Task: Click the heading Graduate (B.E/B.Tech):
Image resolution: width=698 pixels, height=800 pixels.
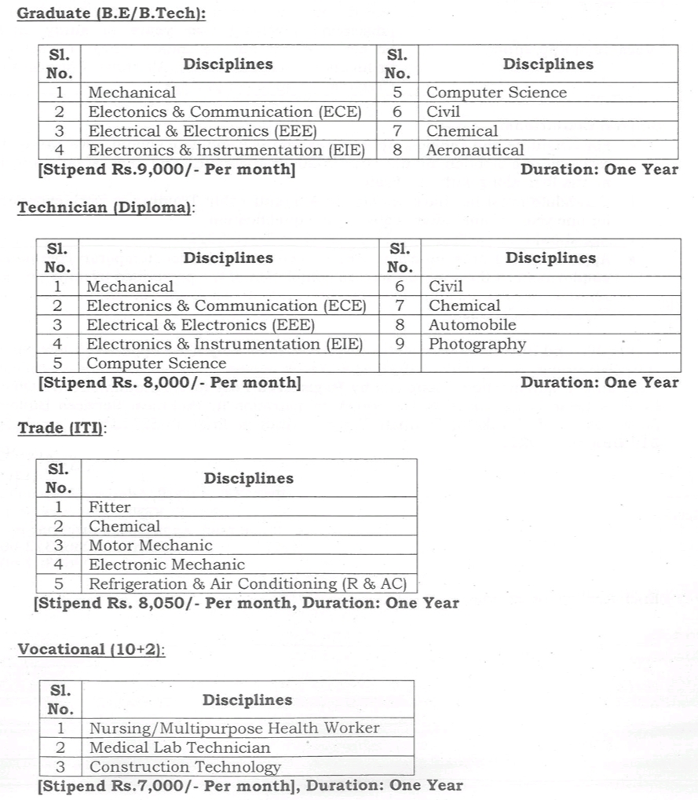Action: coord(111,13)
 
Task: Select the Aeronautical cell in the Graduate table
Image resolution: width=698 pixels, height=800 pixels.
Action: coord(474,150)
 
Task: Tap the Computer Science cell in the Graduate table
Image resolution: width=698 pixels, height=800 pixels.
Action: coord(495,93)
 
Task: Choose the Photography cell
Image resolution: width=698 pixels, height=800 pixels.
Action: coord(477,344)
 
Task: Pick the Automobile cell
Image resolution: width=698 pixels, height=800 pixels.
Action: coord(472,325)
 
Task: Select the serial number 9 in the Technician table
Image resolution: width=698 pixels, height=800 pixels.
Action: coord(400,344)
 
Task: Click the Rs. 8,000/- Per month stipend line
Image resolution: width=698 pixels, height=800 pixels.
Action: coord(169,382)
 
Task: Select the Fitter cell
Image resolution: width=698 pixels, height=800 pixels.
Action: coord(110,507)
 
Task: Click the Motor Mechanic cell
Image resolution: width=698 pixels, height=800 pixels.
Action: coord(150,546)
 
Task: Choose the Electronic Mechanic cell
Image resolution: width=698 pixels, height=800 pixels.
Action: coord(166,564)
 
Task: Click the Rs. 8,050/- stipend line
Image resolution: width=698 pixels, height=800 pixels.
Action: coord(247,604)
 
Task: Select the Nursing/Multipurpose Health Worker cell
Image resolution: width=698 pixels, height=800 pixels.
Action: coord(234,729)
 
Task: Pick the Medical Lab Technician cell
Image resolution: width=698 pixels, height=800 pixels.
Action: coord(179,747)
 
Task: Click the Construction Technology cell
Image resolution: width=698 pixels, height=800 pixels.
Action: coord(185,767)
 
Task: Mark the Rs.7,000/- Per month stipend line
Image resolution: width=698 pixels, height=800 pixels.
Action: coord(250,786)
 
